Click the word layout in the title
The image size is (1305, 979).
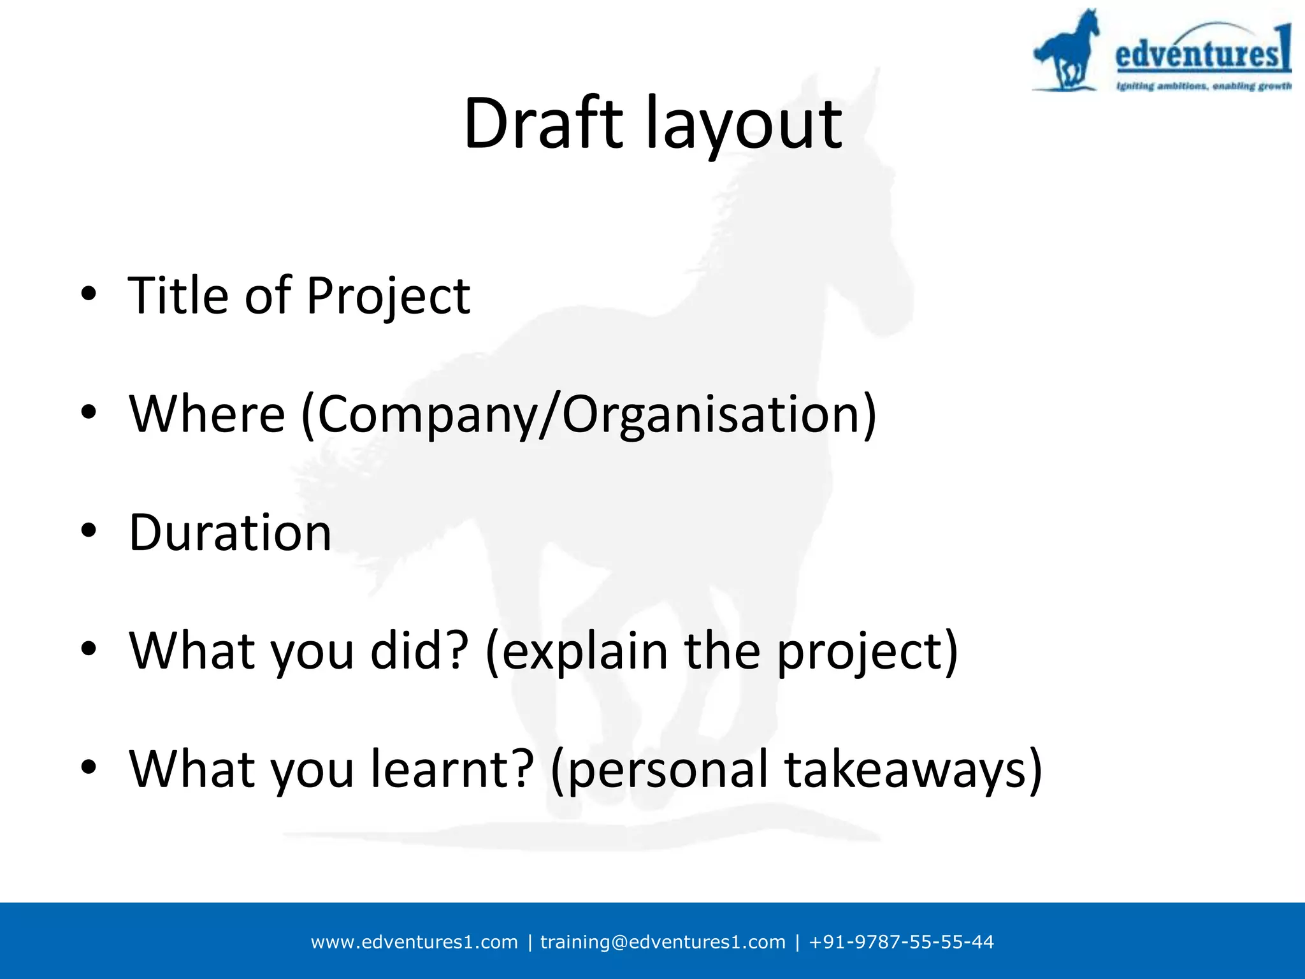(744, 124)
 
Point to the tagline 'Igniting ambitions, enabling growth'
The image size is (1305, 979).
(1203, 86)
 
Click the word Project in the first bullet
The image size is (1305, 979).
(388, 296)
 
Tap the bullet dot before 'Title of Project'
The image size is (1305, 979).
(89, 294)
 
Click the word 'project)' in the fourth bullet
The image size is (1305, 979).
(867, 652)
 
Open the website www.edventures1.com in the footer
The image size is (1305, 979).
(414, 942)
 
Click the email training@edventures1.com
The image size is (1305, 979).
(663, 942)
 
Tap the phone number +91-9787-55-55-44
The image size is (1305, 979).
(901, 942)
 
